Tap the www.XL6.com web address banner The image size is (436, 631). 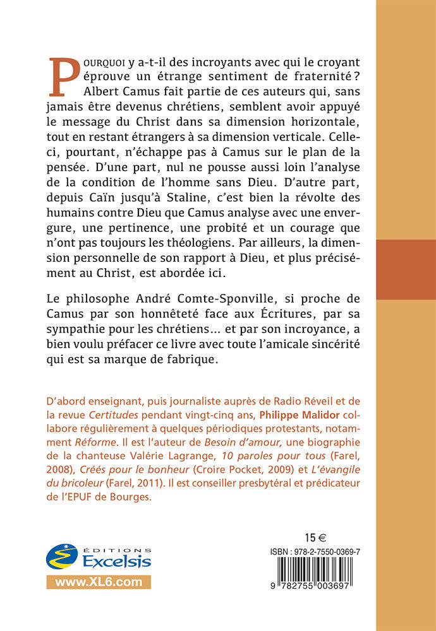(x=98, y=582)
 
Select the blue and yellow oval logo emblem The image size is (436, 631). (x=63, y=555)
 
